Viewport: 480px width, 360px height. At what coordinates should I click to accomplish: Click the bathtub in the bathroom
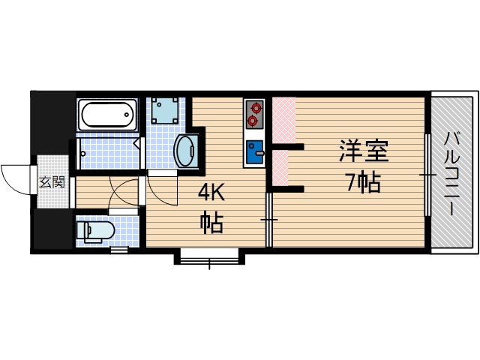107,115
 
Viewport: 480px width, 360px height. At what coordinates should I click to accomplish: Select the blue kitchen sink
255,151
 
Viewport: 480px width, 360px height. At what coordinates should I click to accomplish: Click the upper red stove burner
255,107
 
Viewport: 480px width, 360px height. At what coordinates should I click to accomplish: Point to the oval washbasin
185,151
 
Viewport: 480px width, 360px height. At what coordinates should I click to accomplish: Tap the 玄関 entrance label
52,182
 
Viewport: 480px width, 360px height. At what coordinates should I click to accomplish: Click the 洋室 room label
364,151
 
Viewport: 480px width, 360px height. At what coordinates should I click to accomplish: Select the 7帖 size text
363,183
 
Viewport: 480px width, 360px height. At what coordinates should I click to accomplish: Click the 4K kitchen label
211,193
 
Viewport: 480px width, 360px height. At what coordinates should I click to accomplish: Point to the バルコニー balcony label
453,173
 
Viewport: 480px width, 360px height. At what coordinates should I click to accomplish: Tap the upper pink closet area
284,120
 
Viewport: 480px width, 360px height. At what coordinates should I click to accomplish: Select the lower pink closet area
280,168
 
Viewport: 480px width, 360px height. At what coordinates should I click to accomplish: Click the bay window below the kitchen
210,256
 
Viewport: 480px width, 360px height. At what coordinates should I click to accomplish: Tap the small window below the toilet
119,250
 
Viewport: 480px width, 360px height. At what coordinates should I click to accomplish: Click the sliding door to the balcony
427,175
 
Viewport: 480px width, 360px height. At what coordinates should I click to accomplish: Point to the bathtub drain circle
127,115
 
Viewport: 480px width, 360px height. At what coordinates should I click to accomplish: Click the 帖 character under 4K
211,223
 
